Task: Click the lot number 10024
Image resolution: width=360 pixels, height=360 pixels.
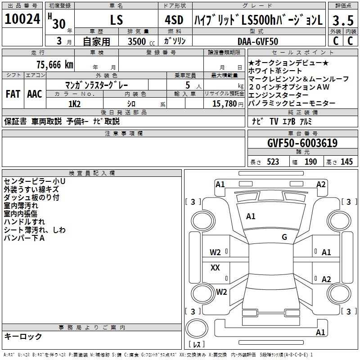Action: tap(22, 19)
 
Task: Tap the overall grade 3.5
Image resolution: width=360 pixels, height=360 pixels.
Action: tap(343, 20)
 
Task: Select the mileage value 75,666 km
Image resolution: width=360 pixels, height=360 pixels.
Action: tap(55, 65)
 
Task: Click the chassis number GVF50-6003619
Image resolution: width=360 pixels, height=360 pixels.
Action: tap(302, 143)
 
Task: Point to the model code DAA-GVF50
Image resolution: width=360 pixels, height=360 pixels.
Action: tap(258, 41)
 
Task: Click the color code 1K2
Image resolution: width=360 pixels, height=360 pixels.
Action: tap(74, 104)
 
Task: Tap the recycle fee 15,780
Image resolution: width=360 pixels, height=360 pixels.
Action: tap(225, 104)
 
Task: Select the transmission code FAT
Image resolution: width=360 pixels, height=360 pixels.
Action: tap(13, 94)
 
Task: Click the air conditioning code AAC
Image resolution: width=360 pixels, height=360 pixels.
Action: tap(35, 94)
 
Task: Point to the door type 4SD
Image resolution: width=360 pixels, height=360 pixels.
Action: tap(174, 20)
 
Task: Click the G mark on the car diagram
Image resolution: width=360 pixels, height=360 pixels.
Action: tap(284, 237)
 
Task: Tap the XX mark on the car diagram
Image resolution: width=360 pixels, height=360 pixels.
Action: tap(215, 267)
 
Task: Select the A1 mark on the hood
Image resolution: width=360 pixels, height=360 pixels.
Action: tap(251, 216)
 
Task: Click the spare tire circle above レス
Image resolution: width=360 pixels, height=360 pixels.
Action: tap(197, 328)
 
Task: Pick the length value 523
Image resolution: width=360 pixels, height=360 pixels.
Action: tap(273, 162)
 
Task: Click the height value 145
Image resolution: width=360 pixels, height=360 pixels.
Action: tap(346, 162)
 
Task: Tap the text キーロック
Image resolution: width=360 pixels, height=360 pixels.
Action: tap(23, 337)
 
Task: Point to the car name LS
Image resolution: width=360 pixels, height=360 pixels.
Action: tap(117, 20)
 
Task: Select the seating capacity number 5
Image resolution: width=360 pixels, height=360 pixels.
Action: tap(188, 85)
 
